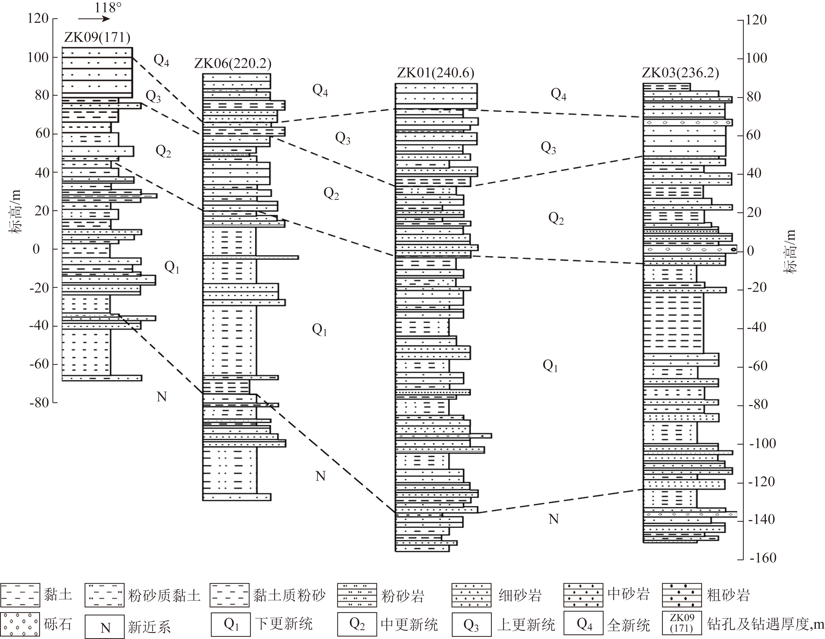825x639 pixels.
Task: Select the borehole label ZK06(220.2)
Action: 233,63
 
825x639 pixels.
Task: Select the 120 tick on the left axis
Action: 38,18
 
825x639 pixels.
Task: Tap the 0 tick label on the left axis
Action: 36,249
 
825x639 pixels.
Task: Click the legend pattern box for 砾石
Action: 20,625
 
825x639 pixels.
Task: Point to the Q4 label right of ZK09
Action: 161,60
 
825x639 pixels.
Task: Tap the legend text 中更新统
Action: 409,625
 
